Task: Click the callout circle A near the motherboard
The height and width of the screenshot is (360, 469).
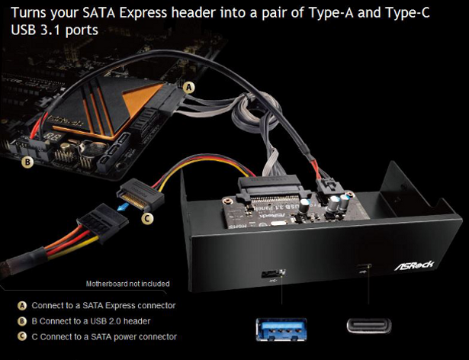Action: (188, 88)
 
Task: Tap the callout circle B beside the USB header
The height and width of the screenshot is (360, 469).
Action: (27, 162)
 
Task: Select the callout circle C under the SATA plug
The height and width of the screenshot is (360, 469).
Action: (147, 219)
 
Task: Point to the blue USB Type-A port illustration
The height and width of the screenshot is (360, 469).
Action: (281, 329)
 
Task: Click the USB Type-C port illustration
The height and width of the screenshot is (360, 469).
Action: (369, 326)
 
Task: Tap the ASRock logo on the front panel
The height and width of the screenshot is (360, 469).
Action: (414, 265)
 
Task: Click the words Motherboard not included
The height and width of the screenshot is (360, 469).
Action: (127, 284)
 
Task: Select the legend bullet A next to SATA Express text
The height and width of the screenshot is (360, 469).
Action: (22, 306)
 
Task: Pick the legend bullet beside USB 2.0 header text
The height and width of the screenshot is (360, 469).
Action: (22, 321)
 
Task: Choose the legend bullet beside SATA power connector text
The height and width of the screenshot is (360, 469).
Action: (22, 336)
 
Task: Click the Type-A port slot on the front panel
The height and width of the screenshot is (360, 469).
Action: (273, 274)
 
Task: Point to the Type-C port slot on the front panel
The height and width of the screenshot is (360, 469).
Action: (364, 266)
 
